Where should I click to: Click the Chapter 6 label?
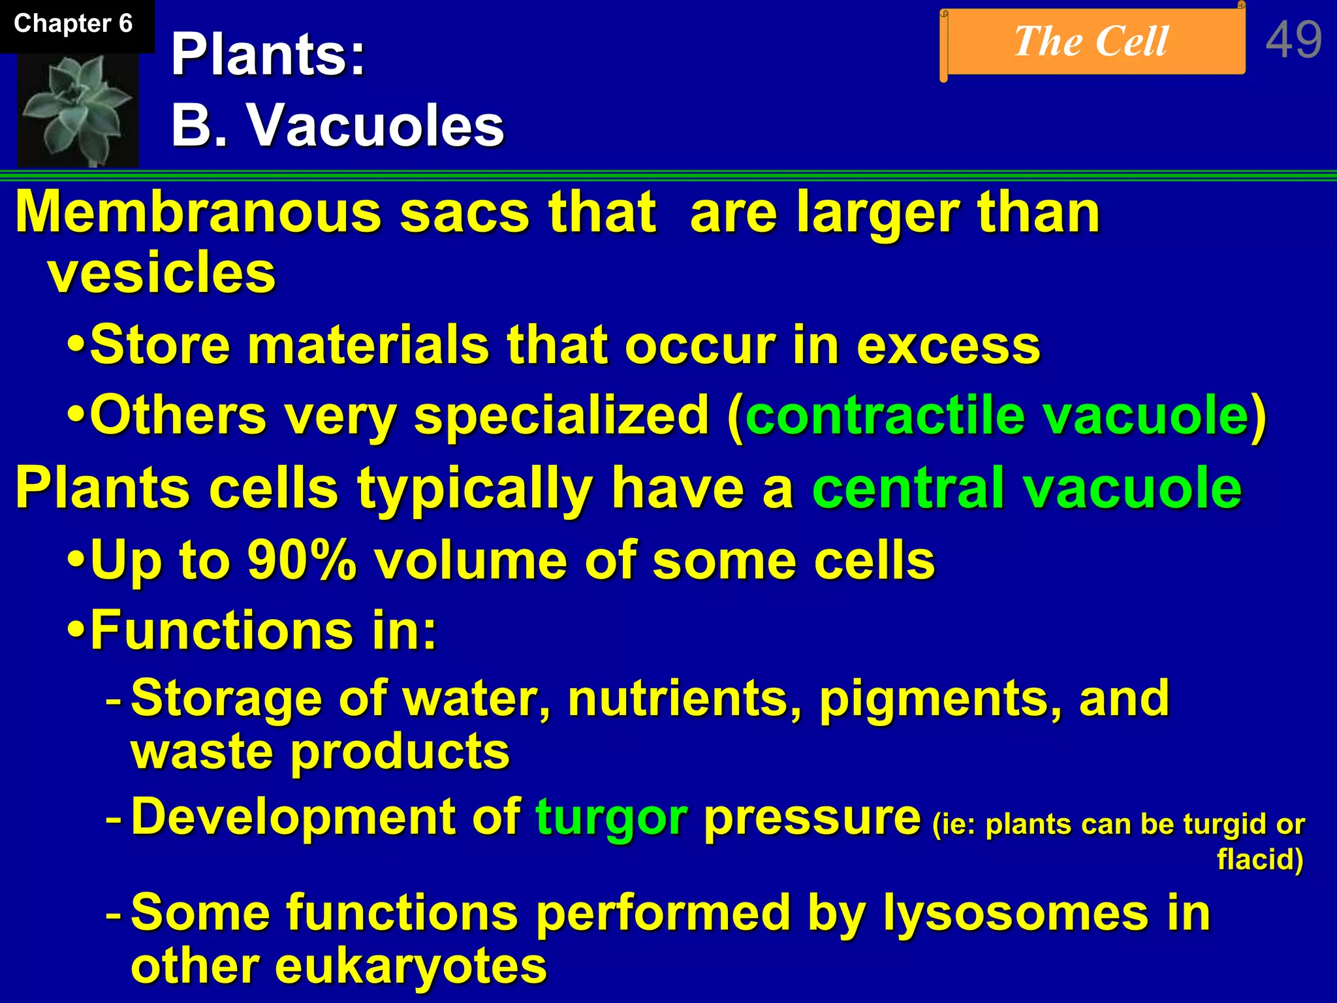point(73,24)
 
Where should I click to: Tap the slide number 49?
point(1293,40)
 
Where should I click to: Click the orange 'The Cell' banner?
point(1092,42)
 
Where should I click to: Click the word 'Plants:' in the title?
point(268,55)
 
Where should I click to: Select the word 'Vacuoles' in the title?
point(375,125)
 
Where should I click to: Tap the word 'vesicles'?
point(162,273)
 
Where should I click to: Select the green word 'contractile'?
point(885,415)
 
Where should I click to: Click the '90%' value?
point(302,560)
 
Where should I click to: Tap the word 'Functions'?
point(223,630)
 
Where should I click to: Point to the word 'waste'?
point(202,752)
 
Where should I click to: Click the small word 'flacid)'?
point(1260,859)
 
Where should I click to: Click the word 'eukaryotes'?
point(410,966)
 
